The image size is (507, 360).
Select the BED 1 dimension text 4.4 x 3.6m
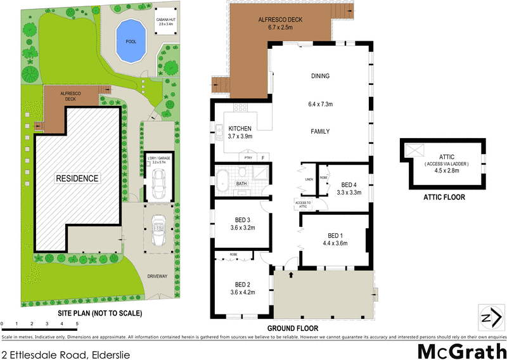[x=336, y=242]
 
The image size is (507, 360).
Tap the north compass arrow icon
[x=489, y=318]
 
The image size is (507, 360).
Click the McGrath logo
[x=461, y=350]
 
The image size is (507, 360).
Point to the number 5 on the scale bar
[x=77, y=324]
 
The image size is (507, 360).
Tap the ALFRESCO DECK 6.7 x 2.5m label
[x=280, y=23]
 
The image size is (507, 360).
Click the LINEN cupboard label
[x=309, y=179]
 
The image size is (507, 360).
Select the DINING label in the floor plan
[x=320, y=76]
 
